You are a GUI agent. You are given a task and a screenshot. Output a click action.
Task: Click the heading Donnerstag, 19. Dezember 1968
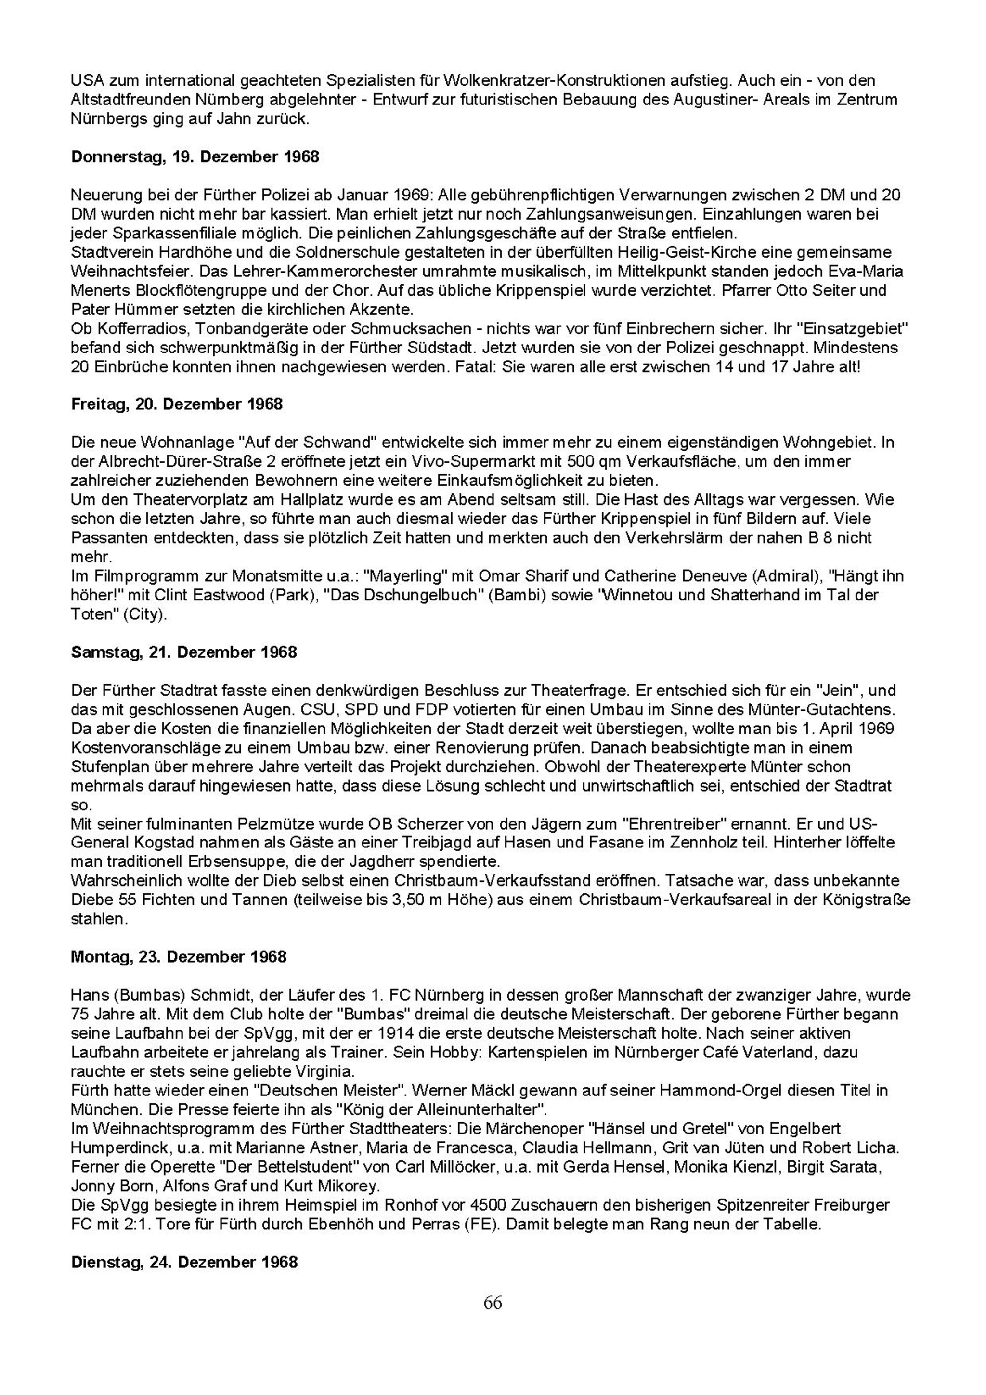pos(195,157)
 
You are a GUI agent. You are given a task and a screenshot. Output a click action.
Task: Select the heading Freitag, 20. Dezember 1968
pos(177,404)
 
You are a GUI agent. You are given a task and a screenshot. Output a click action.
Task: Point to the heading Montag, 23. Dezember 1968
pos(179,957)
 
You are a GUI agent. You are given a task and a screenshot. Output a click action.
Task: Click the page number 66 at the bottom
pos(493,1302)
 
